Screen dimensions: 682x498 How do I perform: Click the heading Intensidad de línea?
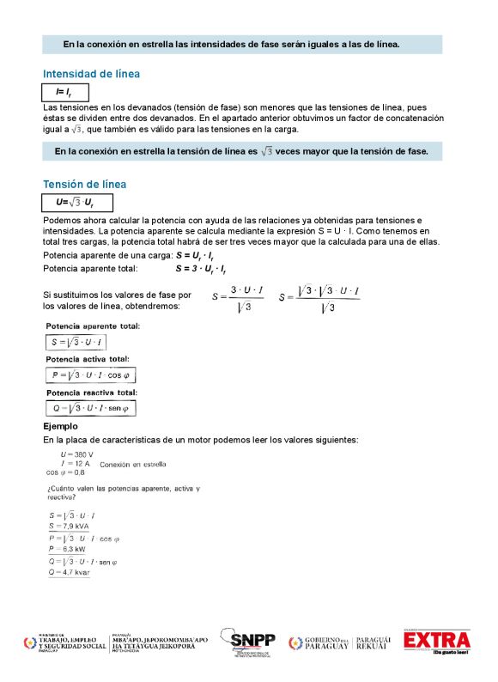coord(91,74)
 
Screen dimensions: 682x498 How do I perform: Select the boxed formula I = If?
coord(65,92)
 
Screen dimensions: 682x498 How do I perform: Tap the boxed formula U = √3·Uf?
coord(76,203)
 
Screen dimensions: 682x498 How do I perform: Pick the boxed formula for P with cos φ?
coord(91,376)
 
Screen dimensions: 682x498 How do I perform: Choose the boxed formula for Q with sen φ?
coord(90,408)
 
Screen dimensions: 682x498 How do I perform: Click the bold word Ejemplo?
coord(60,426)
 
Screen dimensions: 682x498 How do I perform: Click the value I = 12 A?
coord(76,463)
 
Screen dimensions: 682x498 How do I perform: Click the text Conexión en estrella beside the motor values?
coord(133,465)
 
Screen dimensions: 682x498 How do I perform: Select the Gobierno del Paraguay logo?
coord(319,643)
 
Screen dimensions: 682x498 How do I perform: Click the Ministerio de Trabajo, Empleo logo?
coord(65,643)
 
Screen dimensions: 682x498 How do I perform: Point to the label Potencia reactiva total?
coord(91,393)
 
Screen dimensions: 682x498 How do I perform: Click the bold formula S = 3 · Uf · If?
coord(201,269)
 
